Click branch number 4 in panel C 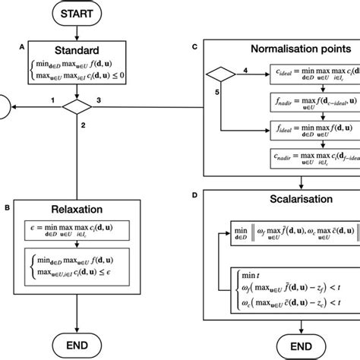245,71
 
